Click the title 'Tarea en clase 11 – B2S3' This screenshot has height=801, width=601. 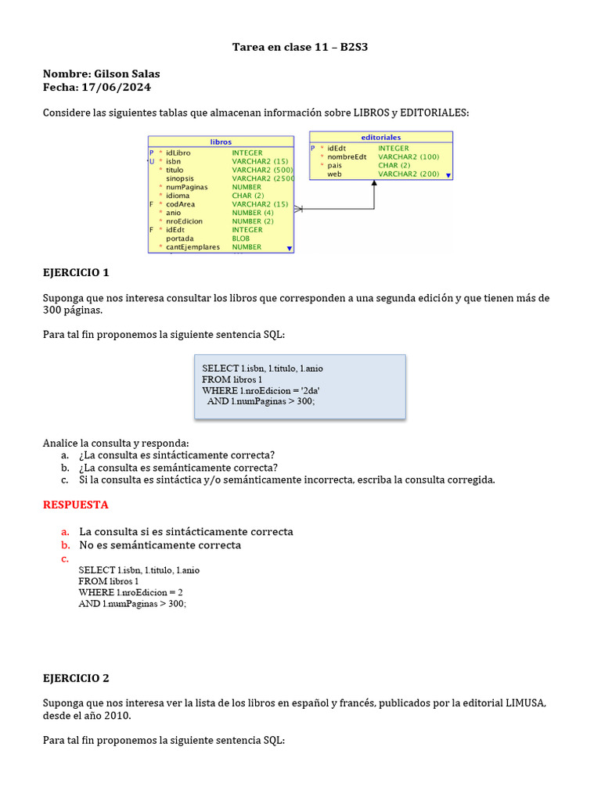[300, 47]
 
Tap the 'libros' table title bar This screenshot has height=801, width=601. [221, 142]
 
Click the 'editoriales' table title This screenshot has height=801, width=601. [381, 137]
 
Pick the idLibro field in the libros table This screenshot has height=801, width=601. [178, 153]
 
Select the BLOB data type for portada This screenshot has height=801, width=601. [240, 239]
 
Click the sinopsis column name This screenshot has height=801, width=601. [179, 178]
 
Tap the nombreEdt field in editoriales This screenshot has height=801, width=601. [347, 156]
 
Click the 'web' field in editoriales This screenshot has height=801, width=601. [334, 174]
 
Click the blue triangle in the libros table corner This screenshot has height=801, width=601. [290, 248]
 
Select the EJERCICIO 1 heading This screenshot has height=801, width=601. [76, 273]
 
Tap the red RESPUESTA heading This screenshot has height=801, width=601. [76, 505]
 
